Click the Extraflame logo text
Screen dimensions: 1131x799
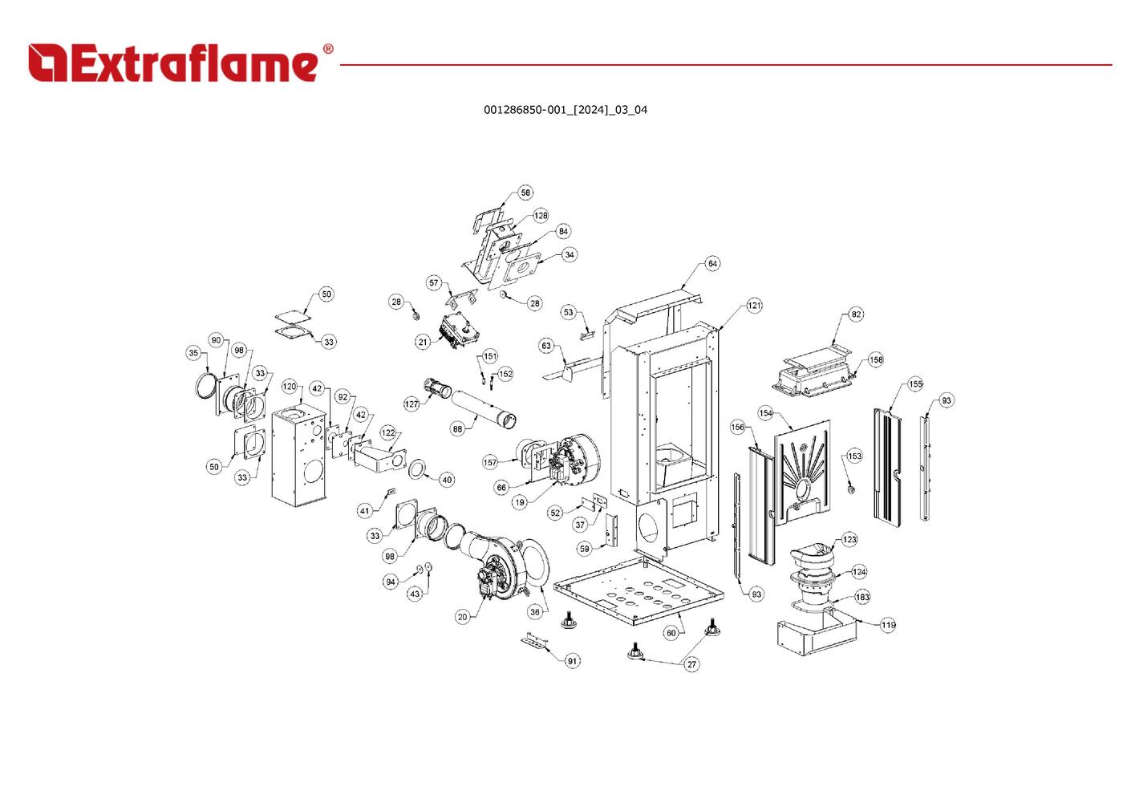(173, 63)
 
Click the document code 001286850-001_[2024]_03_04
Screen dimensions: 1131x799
(565, 110)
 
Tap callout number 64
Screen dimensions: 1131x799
(712, 264)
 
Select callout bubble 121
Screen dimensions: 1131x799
(754, 306)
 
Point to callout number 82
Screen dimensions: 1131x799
(857, 314)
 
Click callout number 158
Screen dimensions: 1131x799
(876, 359)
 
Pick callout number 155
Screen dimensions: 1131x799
(915, 383)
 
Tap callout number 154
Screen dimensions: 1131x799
(766, 413)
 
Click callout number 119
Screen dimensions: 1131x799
(888, 625)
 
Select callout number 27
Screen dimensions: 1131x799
(691, 664)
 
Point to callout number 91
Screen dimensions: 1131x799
(572, 661)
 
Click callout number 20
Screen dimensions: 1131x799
(463, 617)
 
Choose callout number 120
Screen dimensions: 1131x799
(290, 387)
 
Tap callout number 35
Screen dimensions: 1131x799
(193, 353)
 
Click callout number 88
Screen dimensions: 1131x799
(457, 429)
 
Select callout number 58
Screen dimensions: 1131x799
(525, 193)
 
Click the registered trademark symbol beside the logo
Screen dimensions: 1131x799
(328, 49)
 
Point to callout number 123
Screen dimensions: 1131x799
(849, 539)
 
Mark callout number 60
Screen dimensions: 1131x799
(671, 633)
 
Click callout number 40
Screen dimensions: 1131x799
(448, 479)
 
